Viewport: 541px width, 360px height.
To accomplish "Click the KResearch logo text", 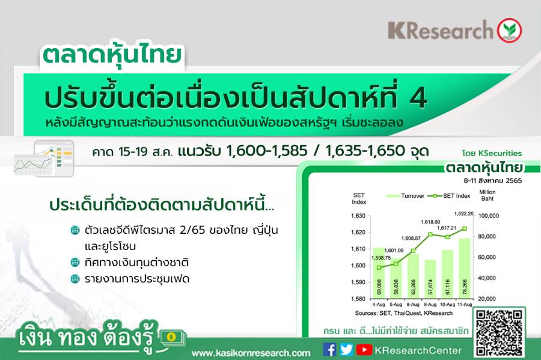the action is [441, 30].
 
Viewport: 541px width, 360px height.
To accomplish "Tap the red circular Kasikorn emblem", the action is [509, 30].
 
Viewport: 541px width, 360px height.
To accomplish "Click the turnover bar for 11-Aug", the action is [465, 268].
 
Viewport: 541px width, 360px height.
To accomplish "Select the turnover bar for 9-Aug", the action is [430, 279].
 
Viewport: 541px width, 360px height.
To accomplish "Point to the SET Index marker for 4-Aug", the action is [379, 267].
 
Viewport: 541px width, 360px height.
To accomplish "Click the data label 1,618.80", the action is [430, 222].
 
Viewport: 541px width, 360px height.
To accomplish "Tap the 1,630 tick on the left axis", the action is [358, 216].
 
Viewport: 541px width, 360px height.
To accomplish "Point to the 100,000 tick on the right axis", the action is [489, 216].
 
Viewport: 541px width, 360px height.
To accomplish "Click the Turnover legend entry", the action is [405, 196].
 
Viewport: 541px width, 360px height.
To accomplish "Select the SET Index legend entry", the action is [449, 196].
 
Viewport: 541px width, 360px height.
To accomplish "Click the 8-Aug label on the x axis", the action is [413, 305].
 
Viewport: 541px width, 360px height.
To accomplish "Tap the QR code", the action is [499, 332].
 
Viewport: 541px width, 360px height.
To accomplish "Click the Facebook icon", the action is [329, 350].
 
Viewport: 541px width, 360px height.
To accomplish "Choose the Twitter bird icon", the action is [346, 350].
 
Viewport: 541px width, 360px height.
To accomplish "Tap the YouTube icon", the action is [364, 350].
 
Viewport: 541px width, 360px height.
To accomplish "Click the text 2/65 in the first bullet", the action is [192, 230].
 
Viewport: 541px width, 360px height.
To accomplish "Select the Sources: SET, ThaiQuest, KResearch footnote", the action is [404, 313].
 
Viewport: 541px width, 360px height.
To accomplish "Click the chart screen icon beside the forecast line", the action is [44, 158].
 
